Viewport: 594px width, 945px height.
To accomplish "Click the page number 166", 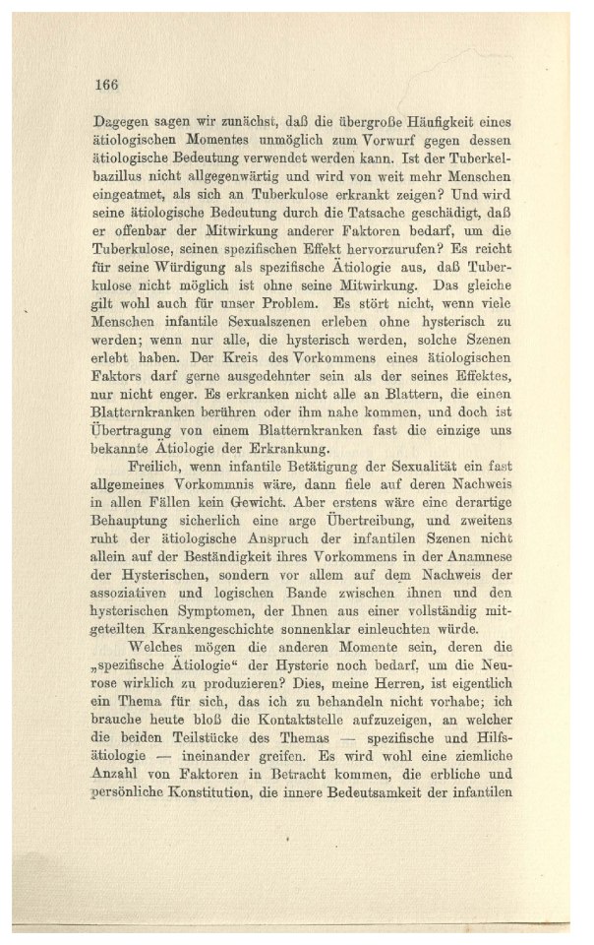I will click(107, 84).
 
